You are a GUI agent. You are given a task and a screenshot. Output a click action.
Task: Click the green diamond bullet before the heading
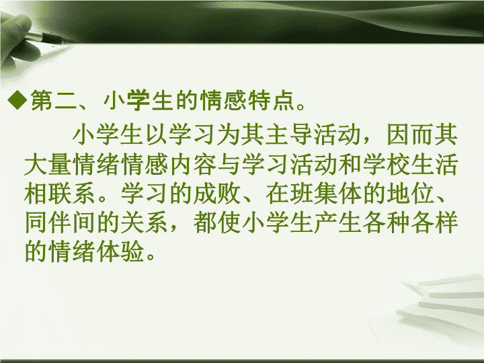point(17,99)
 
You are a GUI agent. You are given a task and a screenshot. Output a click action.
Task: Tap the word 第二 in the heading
point(53,100)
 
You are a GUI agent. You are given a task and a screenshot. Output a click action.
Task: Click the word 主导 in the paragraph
point(277,134)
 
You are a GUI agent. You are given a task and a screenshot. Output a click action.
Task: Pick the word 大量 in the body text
point(48,164)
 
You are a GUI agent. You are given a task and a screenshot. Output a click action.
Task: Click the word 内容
point(193,164)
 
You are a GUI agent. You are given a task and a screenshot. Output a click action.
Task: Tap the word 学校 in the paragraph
point(386,164)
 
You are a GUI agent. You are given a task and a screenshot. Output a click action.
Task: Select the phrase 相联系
point(61,193)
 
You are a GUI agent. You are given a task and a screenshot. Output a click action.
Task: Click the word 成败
point(217,193)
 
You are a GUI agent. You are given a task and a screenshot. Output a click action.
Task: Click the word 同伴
point(48,223)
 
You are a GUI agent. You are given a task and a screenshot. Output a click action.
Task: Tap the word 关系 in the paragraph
point(145,223)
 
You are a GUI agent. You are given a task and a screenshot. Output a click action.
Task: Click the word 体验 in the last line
point(121,251)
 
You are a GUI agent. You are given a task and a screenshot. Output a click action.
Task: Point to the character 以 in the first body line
point(157,134)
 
